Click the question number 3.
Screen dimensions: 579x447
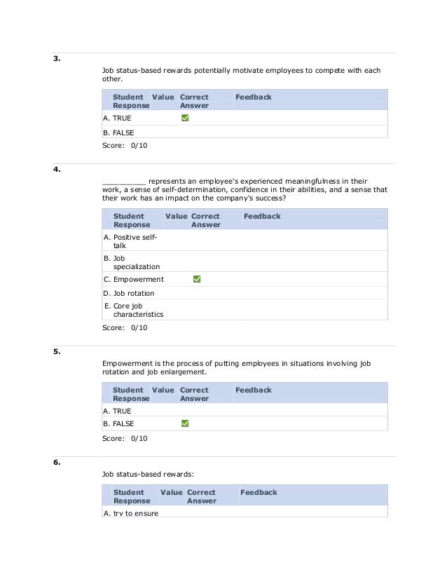coord(57,59)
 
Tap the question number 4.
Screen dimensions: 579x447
coord(57,170)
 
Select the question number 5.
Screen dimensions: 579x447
coord(57,352)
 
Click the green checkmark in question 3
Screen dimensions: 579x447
coord(185,118)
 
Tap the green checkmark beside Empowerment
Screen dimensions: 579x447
coord(197,279)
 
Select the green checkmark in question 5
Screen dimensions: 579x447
coord(185,423)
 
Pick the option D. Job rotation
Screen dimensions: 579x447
coord(128,293)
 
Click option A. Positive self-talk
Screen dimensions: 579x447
coord(130,242)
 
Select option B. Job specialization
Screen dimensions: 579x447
coord(131,262)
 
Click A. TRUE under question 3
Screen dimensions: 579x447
coord(117,118)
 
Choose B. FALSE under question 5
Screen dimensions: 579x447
coord(118,423)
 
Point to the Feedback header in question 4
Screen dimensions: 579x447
coord(262,217)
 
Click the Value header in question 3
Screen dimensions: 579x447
coord(163,97)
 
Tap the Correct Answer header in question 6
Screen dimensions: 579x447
coord(201,496)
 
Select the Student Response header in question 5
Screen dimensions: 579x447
coord(130,394)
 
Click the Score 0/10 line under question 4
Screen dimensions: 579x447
coord(125,327)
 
